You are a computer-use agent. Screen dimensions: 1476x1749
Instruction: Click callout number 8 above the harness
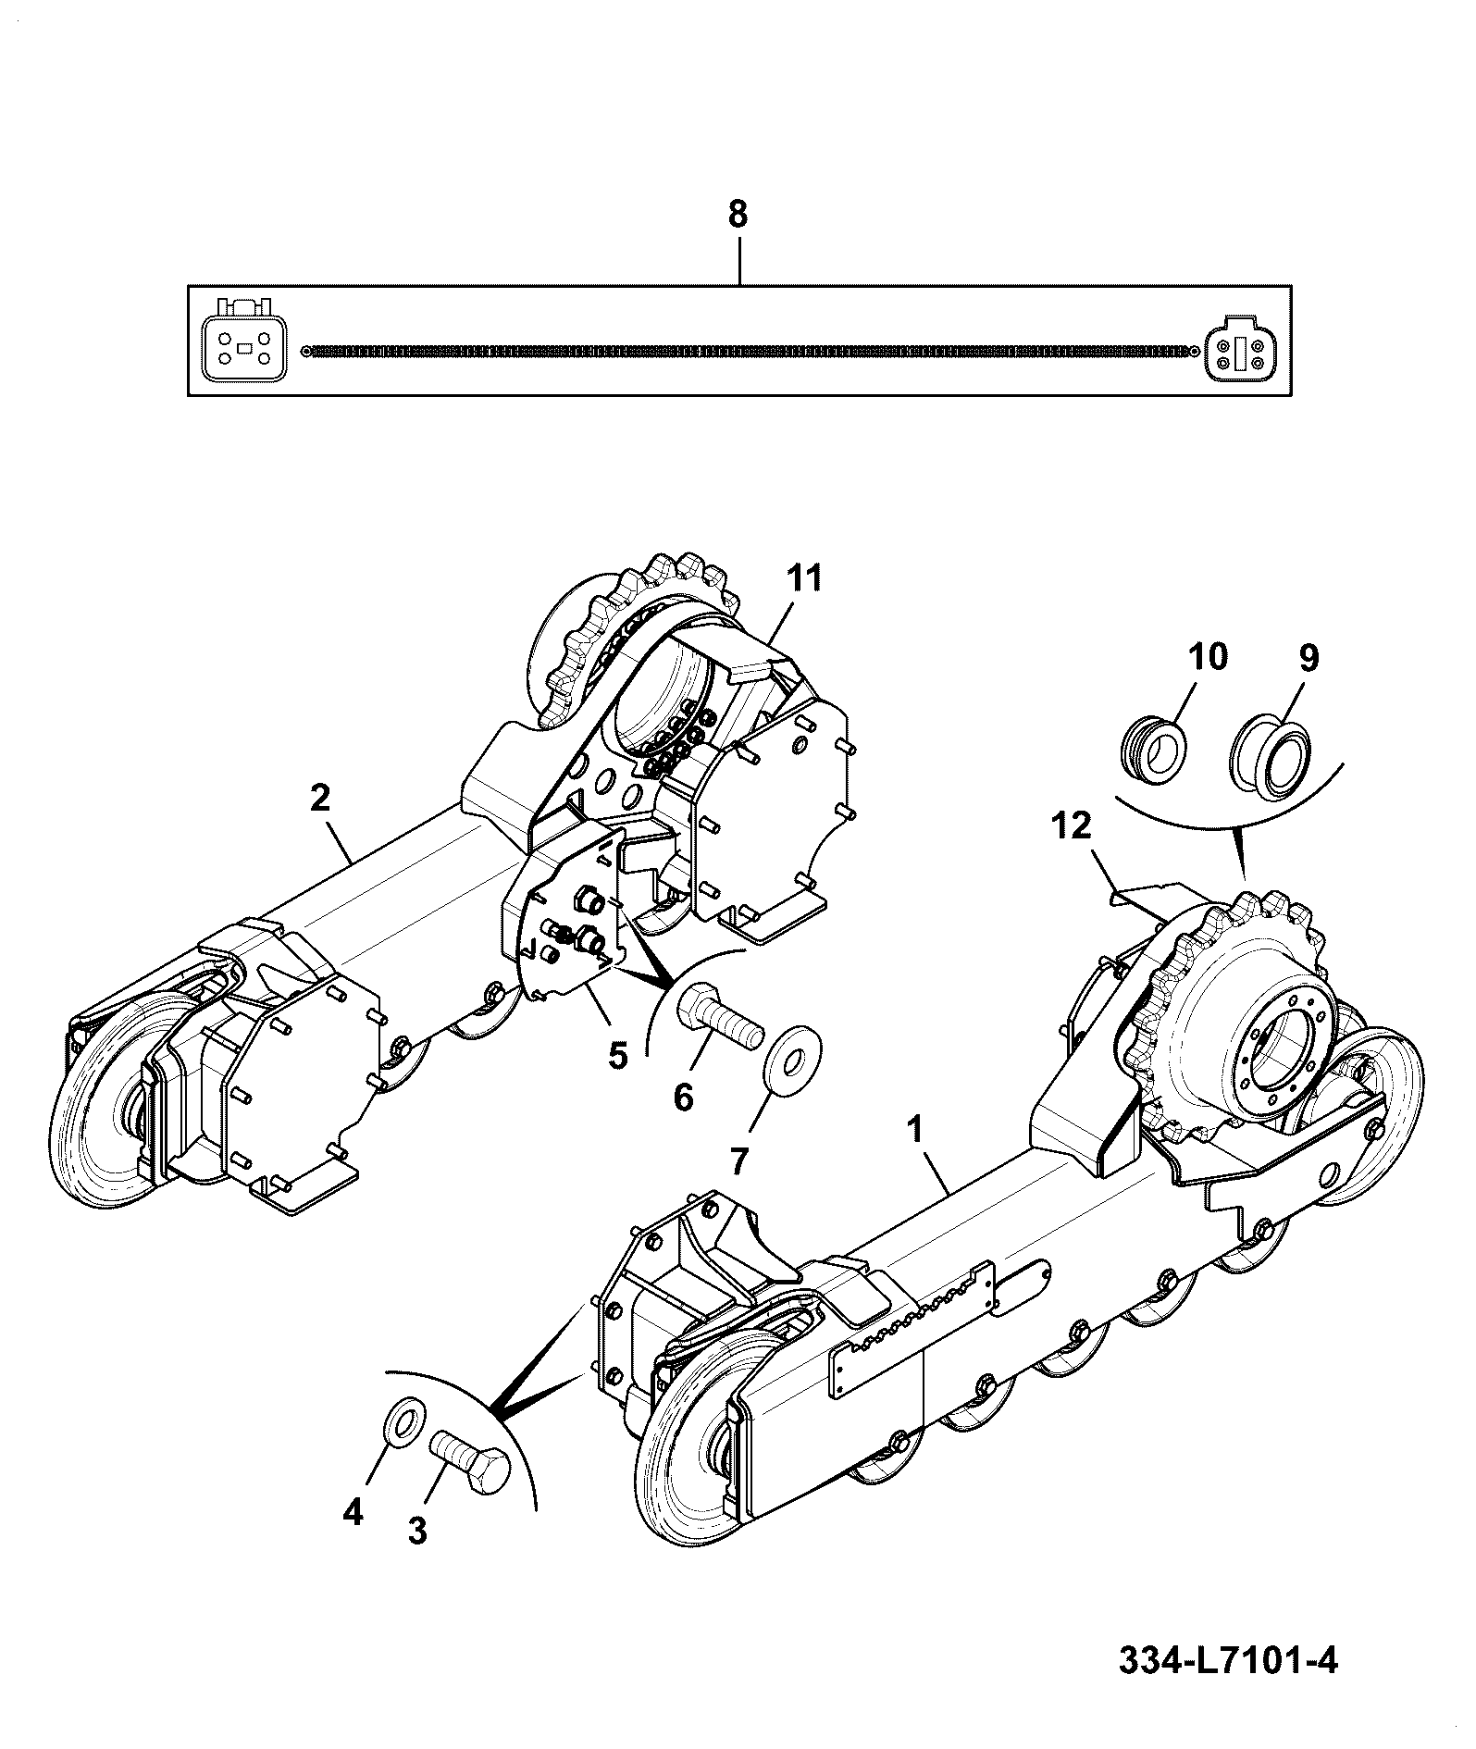(x=737, y=215)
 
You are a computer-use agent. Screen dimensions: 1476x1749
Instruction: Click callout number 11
(x=803, y=579)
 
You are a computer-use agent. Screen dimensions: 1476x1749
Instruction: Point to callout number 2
(x=319, y=798)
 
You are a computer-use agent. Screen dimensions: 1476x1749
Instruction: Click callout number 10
(x=1208, y=657)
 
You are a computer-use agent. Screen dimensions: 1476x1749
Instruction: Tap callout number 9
(x=1309, y=659)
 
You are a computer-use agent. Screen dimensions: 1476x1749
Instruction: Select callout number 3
(x=417, y=1532)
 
